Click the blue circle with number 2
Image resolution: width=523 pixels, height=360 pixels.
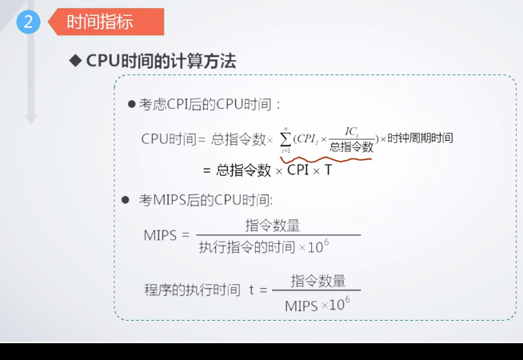pos(29,22)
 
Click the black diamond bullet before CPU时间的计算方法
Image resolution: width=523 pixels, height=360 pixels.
pos(77,62)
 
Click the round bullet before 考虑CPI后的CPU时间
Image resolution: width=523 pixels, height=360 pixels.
pos(131,105)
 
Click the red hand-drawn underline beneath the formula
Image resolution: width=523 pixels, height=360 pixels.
pos(328,158)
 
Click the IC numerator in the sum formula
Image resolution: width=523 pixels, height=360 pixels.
pos(351,131)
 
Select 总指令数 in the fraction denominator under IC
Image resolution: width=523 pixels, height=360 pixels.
pos(351,146)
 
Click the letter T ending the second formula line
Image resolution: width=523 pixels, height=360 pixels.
pos(328,170)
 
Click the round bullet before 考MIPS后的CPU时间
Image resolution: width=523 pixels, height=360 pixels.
pos(125,200)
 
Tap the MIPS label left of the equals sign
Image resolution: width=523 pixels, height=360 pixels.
pos(160,235)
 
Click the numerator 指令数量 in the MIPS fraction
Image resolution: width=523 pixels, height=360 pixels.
pos(273,226)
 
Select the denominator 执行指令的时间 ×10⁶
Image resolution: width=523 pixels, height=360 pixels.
pos(264,247)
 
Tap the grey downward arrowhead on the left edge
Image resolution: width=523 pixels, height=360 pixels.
pos(31,118)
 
